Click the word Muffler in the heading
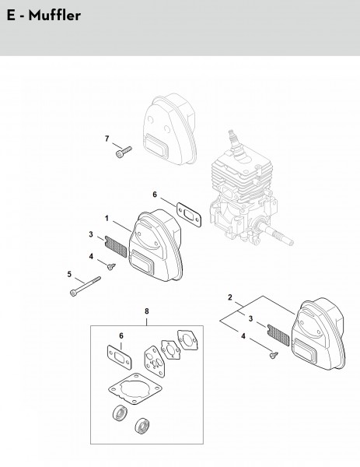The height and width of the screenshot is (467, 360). pos(54,16)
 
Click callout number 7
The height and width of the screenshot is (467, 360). pos(107,139)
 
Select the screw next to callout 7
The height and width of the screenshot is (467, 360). pos(123,152)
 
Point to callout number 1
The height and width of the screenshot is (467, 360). pos(107,218)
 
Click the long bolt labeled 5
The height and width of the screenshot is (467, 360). pos(86,286)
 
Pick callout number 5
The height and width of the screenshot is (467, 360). pos(69,274)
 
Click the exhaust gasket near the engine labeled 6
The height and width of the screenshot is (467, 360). pos(189,215)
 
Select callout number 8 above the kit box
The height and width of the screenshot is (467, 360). pos(147,311)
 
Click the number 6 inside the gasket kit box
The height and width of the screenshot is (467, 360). pos(121,335)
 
